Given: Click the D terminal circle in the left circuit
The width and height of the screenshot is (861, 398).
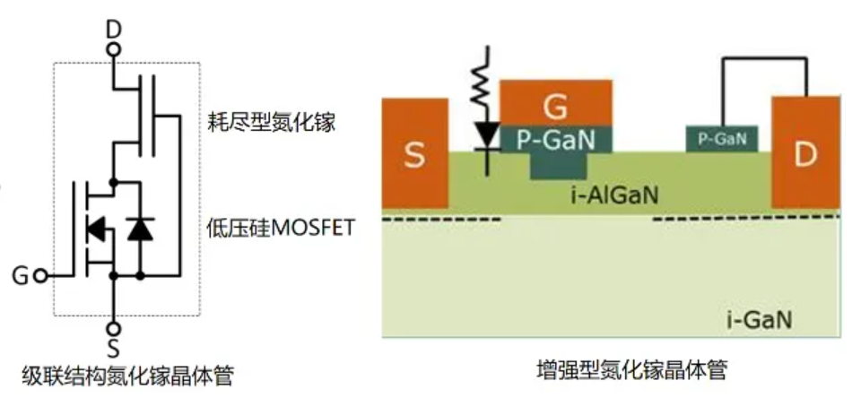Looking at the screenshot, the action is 113,50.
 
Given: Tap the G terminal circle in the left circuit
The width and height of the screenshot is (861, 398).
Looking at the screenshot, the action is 40,275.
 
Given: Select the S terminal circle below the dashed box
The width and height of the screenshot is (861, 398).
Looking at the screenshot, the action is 113,329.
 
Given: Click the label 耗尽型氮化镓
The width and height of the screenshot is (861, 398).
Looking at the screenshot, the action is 271,123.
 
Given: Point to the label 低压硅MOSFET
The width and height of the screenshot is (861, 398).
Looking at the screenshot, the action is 281,227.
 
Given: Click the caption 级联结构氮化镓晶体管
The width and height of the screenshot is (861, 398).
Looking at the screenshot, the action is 127,376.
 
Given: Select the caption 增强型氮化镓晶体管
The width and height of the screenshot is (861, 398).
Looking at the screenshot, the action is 631,371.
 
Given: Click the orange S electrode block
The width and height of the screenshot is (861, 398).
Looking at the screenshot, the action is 415,153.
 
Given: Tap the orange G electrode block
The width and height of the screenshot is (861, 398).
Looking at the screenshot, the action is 556,103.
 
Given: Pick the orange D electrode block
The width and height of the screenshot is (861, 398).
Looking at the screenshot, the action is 805,152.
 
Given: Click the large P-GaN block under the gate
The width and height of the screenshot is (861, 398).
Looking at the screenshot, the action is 556,151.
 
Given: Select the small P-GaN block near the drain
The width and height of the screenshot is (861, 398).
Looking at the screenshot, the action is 722,138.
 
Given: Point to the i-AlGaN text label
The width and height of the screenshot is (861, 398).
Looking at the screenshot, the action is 613,195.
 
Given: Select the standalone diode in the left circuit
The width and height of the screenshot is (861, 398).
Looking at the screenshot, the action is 140,229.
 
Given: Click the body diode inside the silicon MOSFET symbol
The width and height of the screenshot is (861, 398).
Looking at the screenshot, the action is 96,229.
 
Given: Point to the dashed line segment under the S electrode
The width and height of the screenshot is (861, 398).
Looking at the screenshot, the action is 441,220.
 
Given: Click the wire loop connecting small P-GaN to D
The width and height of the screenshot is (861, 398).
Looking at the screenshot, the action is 764,58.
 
